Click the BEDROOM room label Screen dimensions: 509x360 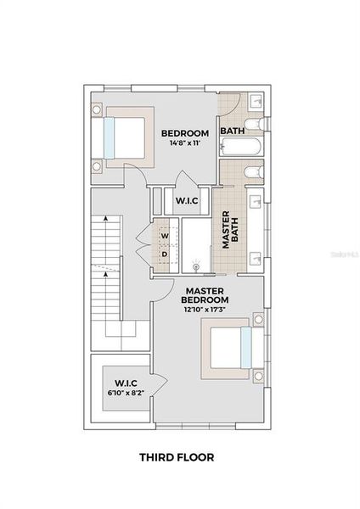185,133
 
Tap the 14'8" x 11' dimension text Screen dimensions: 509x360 185,143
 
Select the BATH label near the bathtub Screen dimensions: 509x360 233,131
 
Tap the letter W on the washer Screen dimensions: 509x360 164,236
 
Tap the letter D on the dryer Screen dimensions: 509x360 164,254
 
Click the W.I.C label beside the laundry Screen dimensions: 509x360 187,201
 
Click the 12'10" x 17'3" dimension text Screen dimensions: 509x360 205,309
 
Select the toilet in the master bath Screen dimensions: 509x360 251,173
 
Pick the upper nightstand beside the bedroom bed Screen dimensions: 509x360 97,109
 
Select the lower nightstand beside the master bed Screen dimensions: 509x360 257,373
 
